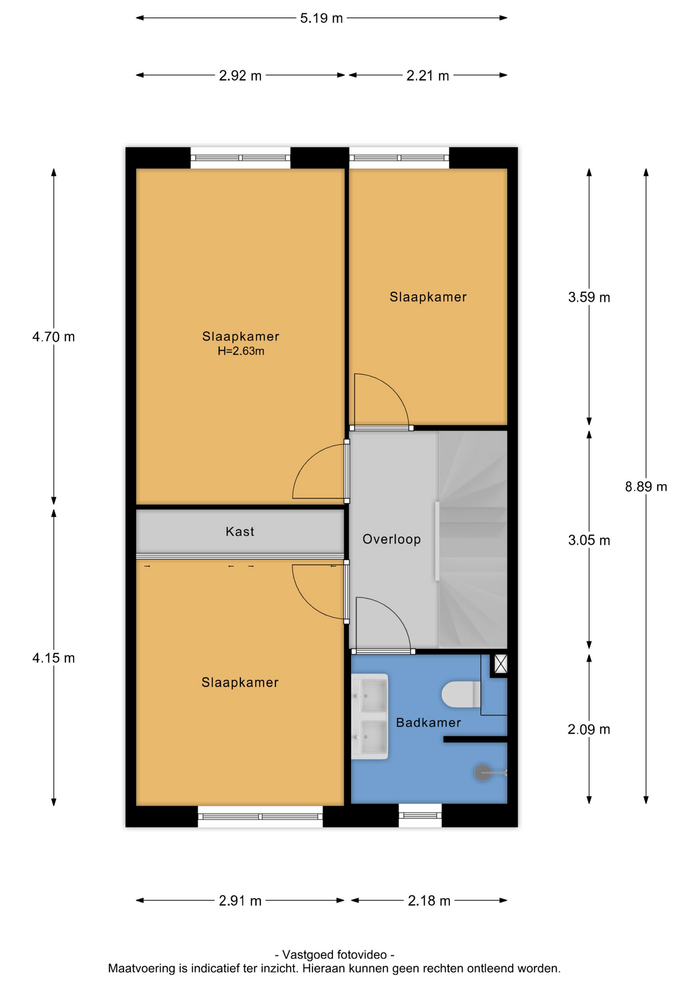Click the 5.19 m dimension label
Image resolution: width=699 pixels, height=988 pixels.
(x=321, y=19)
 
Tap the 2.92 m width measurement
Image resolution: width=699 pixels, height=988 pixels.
(x=240, y=76)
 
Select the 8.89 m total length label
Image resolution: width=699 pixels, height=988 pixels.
(x=645, y=486)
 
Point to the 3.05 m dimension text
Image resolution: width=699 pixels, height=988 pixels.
(x=589, y=540)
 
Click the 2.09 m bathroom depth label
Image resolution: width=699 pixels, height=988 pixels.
(x=589, y=729)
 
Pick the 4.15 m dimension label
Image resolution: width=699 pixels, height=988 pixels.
(x=54, y=658)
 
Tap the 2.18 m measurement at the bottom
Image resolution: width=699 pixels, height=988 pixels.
(x=429, y=901)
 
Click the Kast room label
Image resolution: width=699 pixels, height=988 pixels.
(x=240, y=531)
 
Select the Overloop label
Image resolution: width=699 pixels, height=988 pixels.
(x=392, y=539)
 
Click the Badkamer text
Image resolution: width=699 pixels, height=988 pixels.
(x=428, y=722)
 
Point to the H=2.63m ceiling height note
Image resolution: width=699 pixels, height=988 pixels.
(x=241, y=351)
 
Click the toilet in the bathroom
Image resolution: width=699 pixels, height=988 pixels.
(x=461, y=694)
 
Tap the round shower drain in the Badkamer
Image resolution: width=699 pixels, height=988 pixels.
(x=483, y=772)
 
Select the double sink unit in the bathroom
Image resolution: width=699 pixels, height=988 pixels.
(x=370, y=716)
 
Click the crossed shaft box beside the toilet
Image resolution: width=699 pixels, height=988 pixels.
(x=500, y=664)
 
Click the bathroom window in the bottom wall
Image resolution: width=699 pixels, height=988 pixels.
(x=420, y=815)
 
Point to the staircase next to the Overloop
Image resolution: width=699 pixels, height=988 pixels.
(x=473, y=539)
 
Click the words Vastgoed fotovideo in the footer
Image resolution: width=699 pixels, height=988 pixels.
(x=335, y=955)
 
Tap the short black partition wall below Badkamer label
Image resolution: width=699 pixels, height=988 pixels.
(x=476, y=739)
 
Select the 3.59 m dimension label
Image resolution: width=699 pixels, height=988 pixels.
(x=589, y=297)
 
